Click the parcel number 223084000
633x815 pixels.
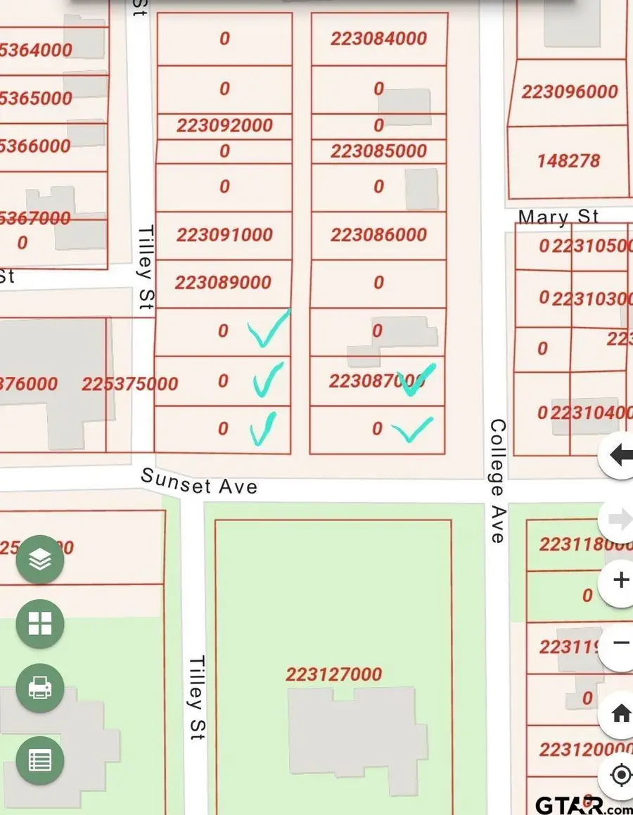(378, 39)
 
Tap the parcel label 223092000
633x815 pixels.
(224, 125)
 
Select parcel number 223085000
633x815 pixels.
(378, 151)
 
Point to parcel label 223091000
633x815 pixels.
(224, 234)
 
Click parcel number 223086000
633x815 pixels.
(378, 234)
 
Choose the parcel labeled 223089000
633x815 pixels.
(223, 282)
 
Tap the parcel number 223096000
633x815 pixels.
(570, 91)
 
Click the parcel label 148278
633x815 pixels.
(568, 161)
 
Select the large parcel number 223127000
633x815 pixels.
(333, 674)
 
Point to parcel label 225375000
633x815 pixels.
(129, 384)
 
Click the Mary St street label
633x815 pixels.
(558, 217)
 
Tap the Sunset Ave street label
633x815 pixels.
(199, 481)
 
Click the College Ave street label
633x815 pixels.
(497, 481)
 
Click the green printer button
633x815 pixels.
(40, 688)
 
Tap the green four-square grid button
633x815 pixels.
(40, 624)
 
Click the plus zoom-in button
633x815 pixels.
(620, 580)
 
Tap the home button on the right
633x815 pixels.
(620, 714)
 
